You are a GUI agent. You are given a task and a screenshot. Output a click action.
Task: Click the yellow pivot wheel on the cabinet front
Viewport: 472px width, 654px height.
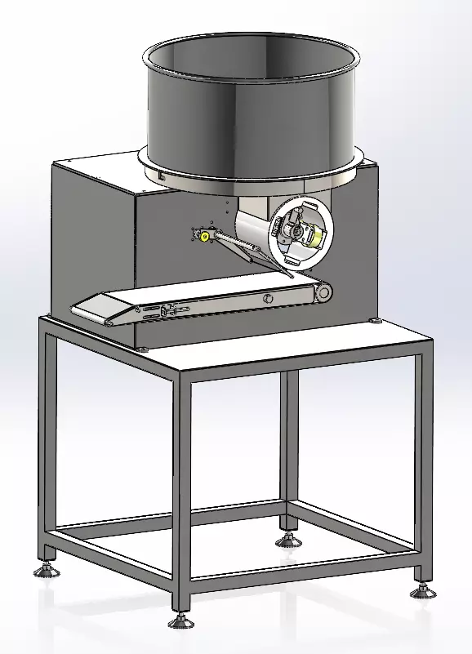[203, 236]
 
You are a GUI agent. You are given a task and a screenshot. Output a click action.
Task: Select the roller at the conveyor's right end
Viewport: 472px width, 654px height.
[326, 291]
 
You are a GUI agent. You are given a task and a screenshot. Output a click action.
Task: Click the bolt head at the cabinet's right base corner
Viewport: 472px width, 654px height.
[375, 322]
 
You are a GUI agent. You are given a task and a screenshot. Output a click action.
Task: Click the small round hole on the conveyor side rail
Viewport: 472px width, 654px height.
[267, 299]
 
